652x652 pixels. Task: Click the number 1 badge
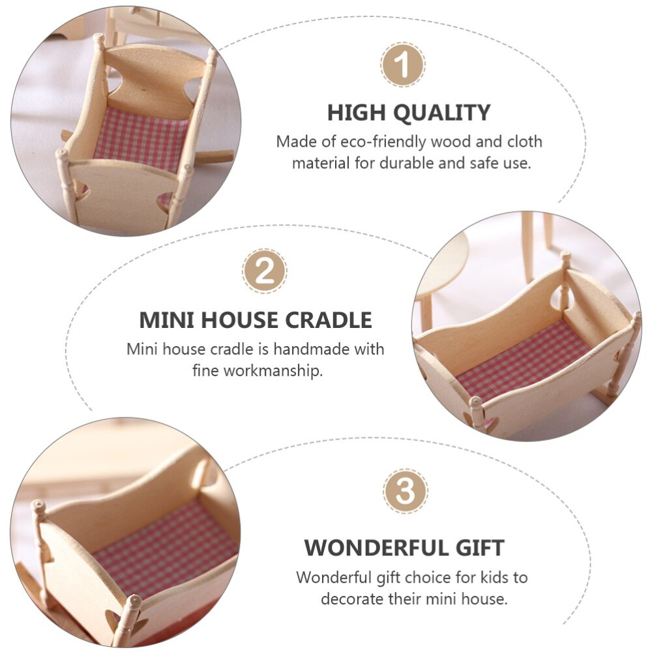pos(403,65)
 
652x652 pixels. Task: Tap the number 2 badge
pos(265,271)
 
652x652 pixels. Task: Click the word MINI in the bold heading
pos(166,320)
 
